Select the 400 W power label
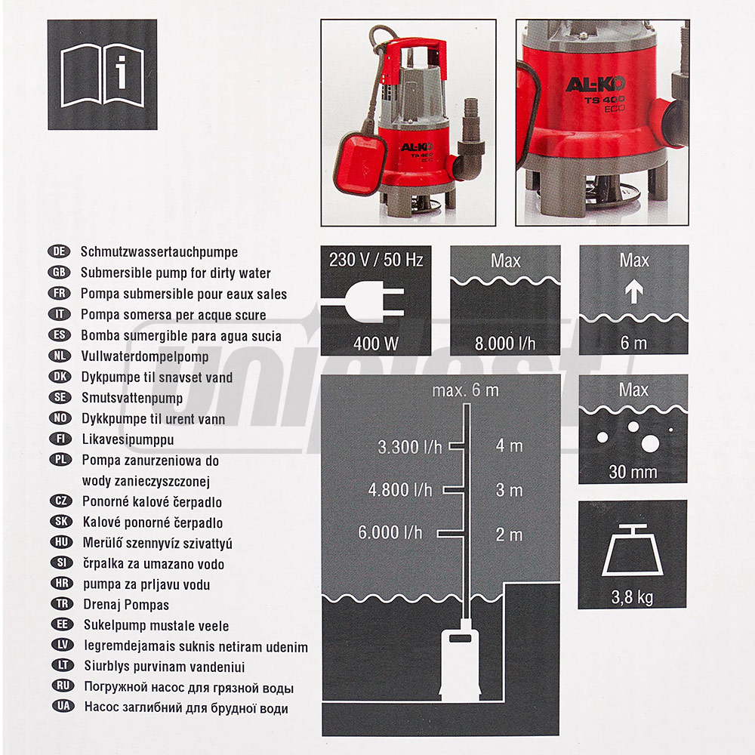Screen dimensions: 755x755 (375, 344)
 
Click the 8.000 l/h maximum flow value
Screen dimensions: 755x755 (505, 344)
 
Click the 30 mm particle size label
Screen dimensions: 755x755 (633, 473)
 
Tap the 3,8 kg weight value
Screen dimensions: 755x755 (633, 597)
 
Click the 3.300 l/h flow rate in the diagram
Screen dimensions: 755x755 (410, 447)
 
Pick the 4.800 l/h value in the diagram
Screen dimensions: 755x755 (400, 490)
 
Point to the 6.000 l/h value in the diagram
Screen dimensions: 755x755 (390, 533)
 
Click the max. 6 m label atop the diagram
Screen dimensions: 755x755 (465, 391)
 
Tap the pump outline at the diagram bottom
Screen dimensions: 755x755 (460, 664)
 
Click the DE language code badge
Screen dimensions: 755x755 (59, 252)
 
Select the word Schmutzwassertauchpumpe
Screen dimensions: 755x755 (159, 252)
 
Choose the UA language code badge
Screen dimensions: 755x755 (59, 707)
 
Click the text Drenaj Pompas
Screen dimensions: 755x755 (125, 605)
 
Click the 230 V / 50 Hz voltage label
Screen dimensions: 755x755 (376, 260)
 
